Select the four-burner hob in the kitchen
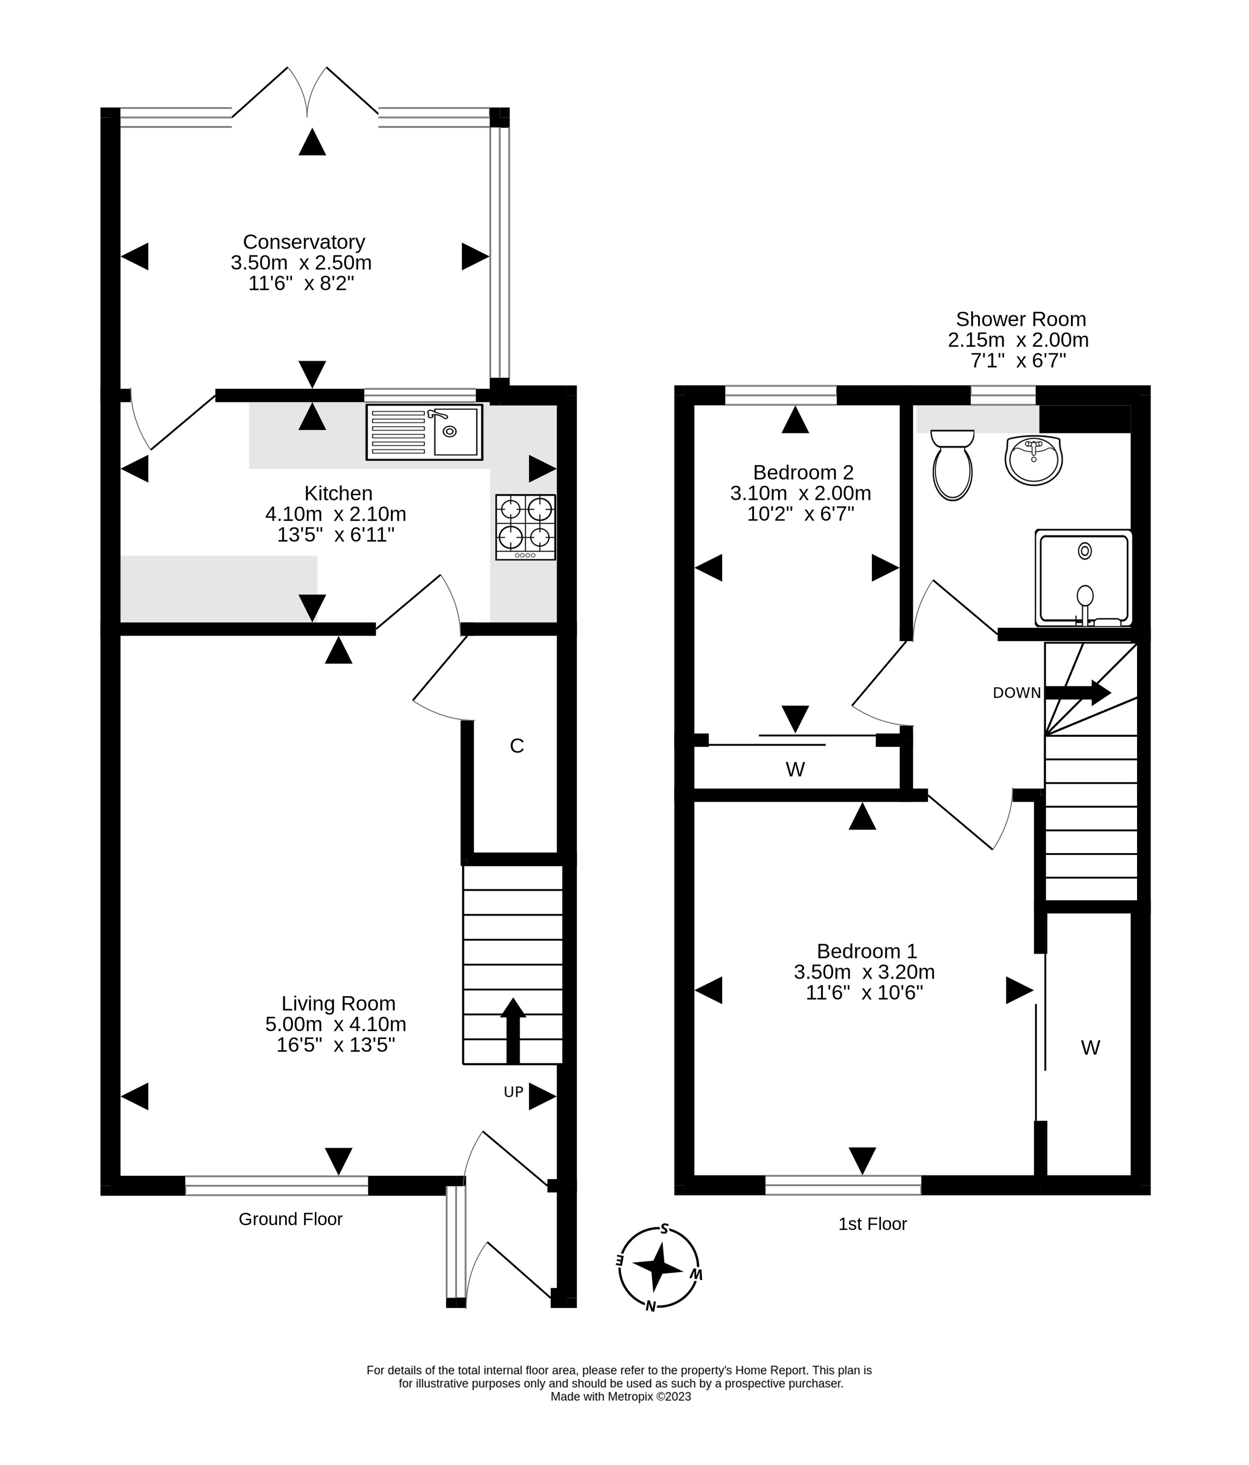coord(526,527)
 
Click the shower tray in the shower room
coord(1084,578)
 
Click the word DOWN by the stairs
coord(1016,694)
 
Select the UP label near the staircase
coord(514,1092)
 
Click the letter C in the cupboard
coord(517,746)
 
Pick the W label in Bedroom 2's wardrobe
coord(795,769)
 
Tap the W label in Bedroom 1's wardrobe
coord(1090,1048)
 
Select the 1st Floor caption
coord(872,1224)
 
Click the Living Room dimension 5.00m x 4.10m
coord(336,1024)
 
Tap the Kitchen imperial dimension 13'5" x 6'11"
coord(336,535)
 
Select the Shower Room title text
coord(1021,319)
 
